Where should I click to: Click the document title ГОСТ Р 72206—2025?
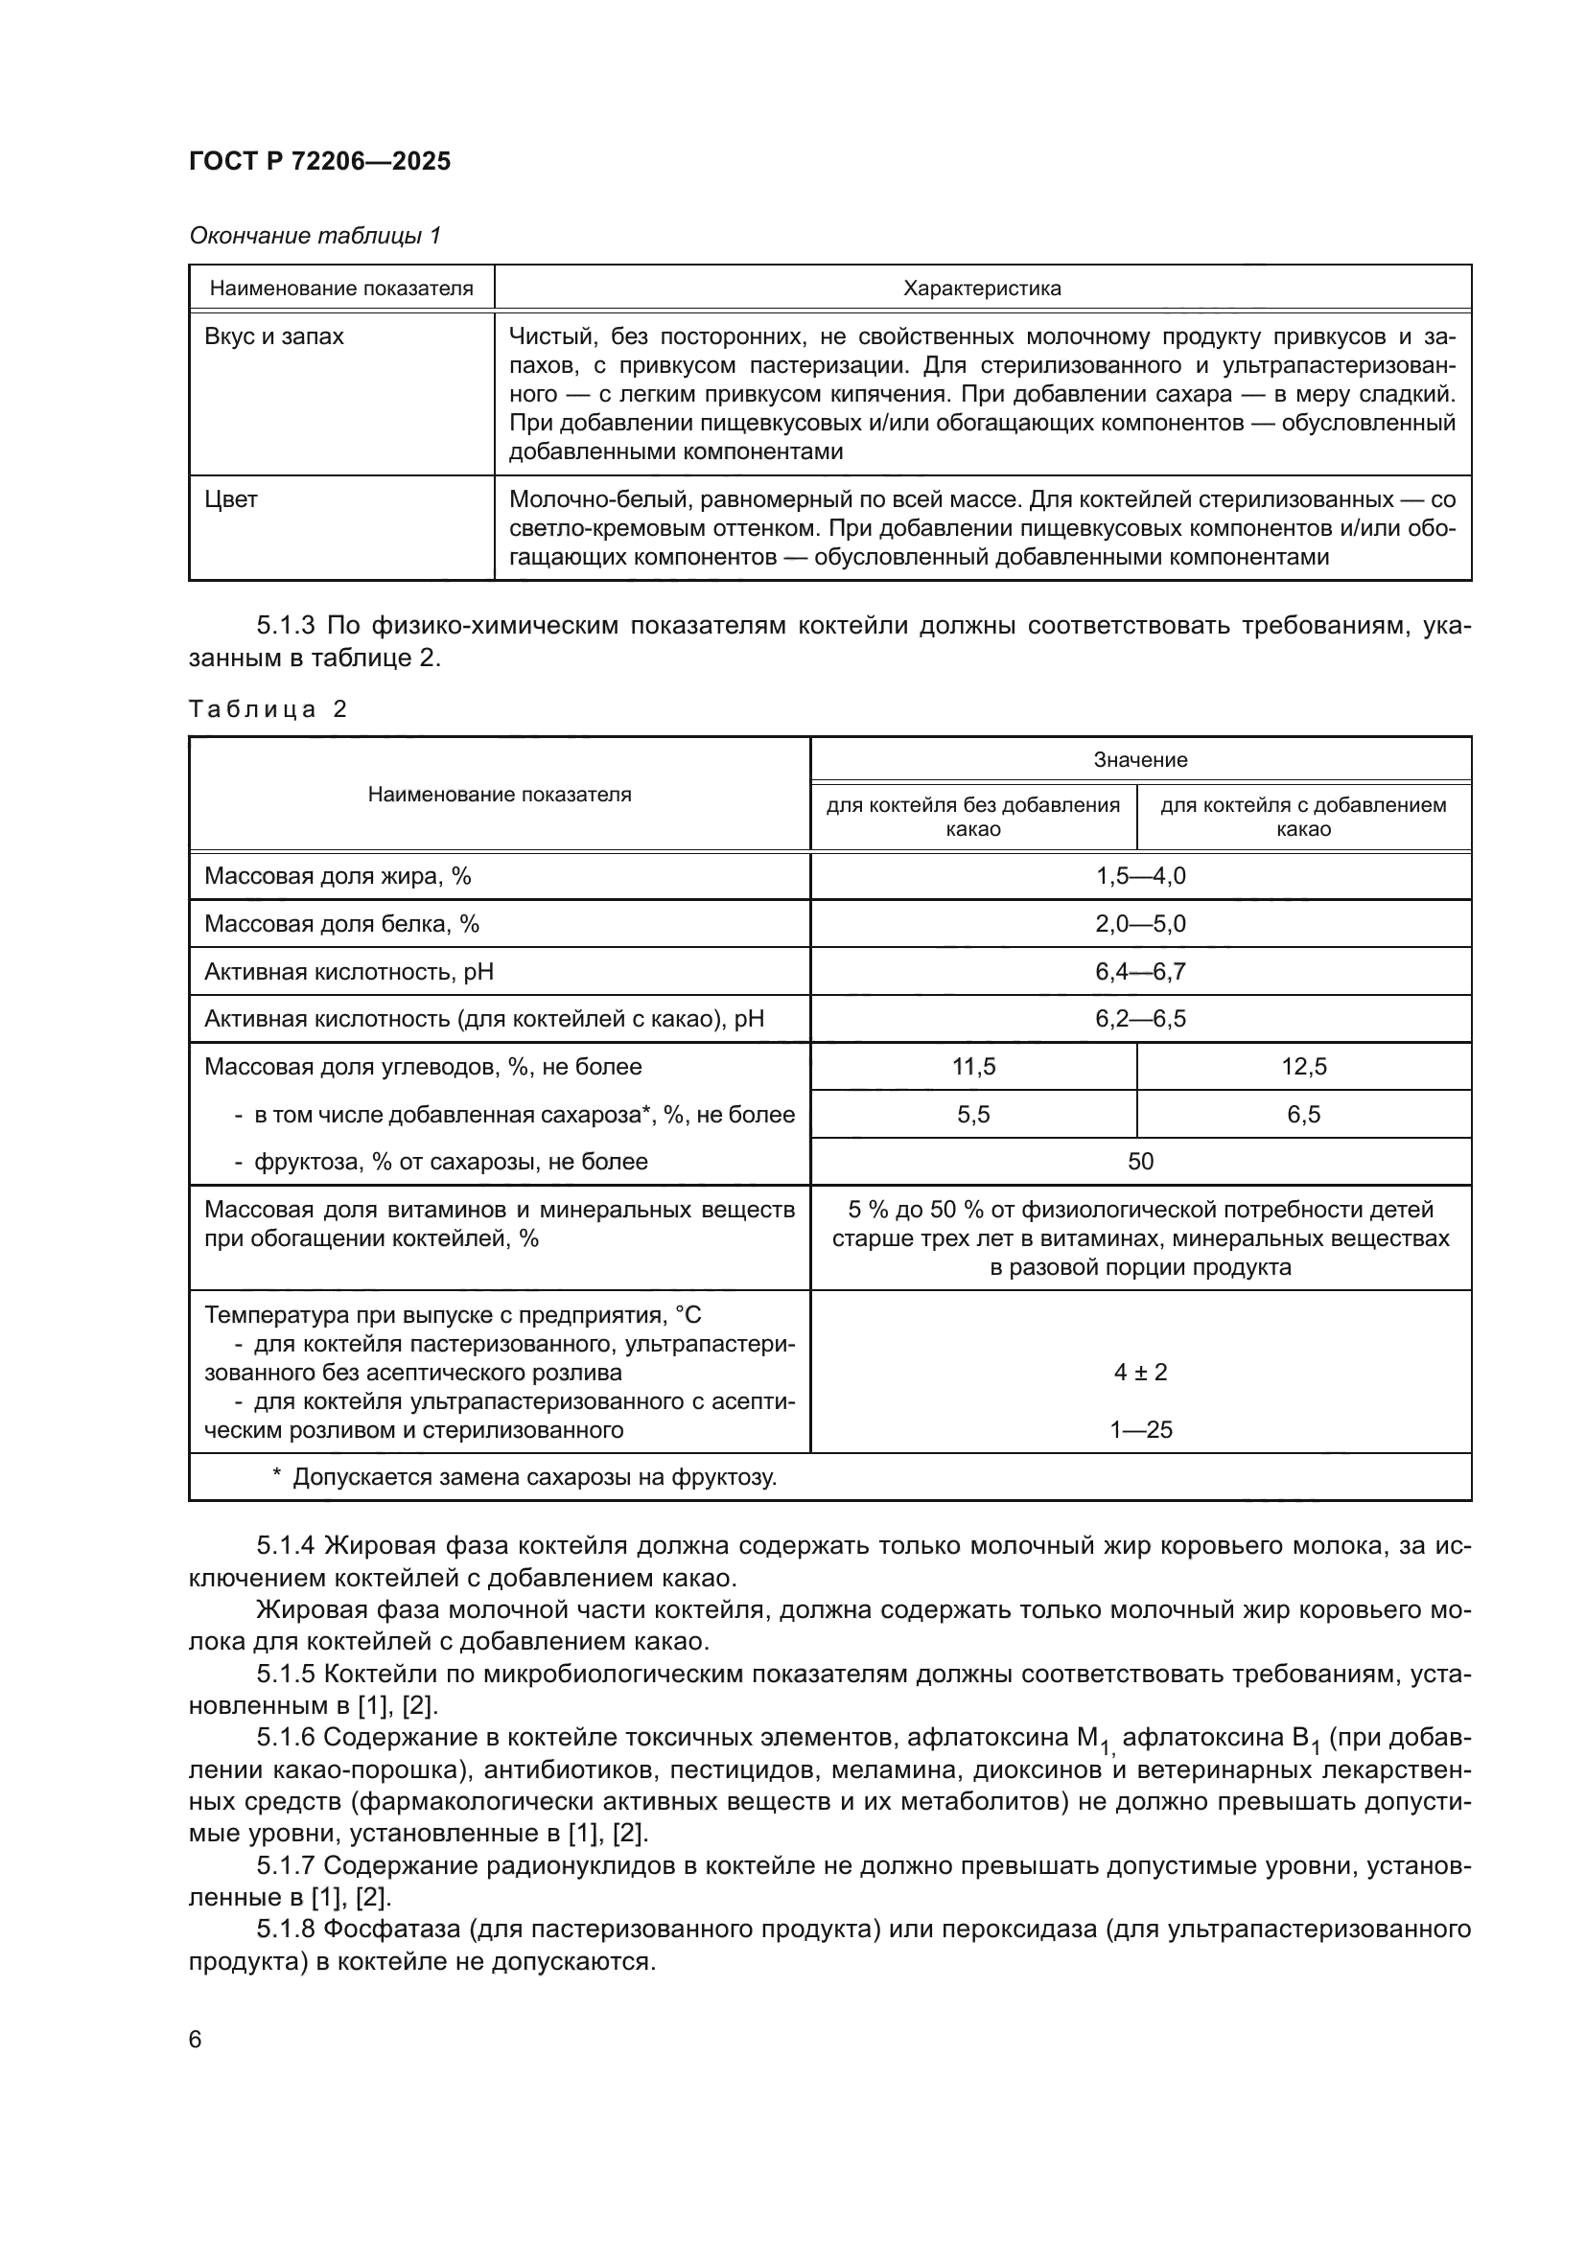tap(319, 161)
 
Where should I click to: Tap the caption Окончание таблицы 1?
tap(315, 236)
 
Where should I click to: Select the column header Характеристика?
tap(982, 289)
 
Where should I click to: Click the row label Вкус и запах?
tap(274, 336)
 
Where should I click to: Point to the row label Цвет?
tap(231, 500)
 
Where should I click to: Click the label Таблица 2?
tap(268, 709)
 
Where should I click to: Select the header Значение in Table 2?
tap(1140, 760)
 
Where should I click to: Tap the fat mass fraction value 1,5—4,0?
tap(1140, 876)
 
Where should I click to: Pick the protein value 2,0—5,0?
tap(1140, 924)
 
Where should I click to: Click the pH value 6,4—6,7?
tap(1140, 972)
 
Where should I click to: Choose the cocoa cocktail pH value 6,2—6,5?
tap(1140, 1019)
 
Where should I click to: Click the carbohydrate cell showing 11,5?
tap(973, 1066)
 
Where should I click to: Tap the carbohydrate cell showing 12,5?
tap(1304, 1066)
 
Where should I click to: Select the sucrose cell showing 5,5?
tap(973, 1114)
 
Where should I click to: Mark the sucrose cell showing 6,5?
tap(1304, 1114)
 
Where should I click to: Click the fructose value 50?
tap(1140, 1161)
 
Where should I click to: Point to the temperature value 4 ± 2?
tap(1140, 1372)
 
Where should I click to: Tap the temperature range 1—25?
tap(1140, 1429)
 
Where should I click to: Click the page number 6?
tap(196, 2039)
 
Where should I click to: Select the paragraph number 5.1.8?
tap(286, 1929)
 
